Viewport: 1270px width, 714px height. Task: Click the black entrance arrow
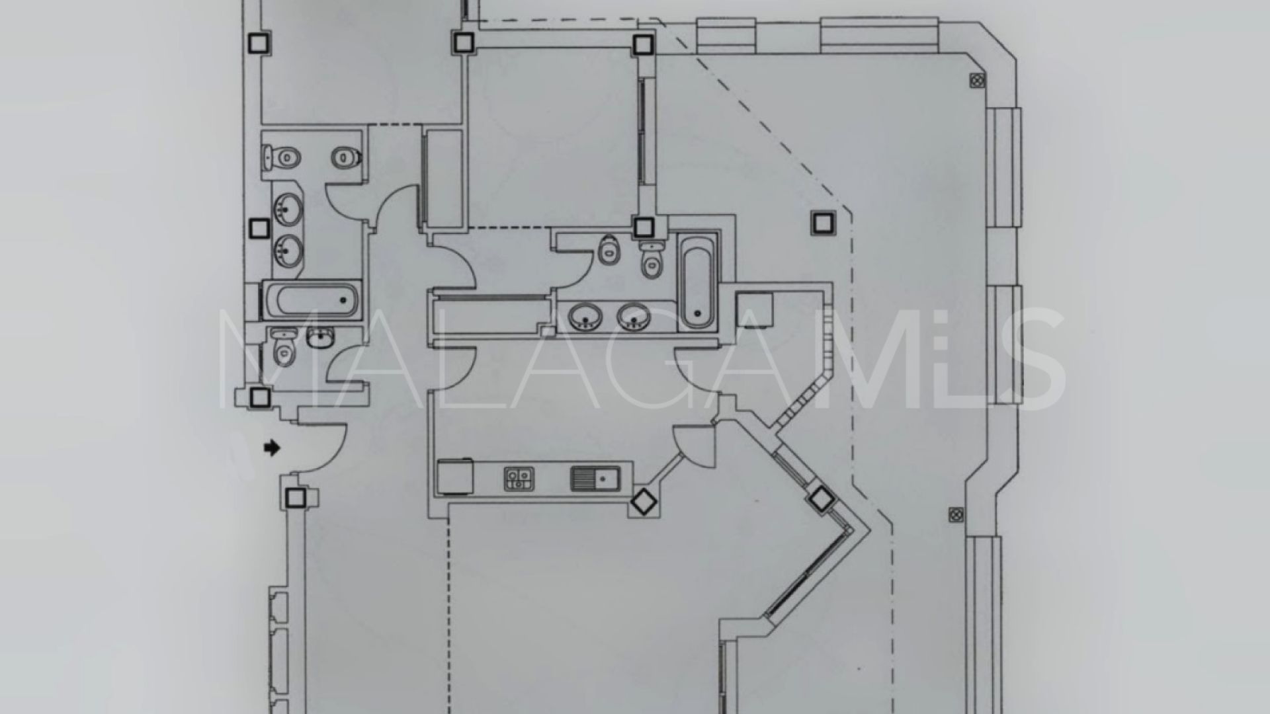coord(272,448)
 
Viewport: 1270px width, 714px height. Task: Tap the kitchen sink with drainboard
coord(595,479)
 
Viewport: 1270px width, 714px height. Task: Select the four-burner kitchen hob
coord(519,479)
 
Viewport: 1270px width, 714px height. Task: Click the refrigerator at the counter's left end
coord(454,477)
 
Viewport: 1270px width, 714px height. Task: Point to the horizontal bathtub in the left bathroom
coord(311,301)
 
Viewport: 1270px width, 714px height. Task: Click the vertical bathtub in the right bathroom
coord(697,281)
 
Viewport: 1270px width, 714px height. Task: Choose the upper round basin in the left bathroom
coord(289,211)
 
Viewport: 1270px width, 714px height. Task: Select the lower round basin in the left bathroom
coord(289,251)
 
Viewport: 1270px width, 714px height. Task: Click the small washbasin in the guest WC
coord(319,338)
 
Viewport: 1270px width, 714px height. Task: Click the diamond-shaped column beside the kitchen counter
coord(644,502)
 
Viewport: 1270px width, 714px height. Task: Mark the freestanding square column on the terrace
coord(822,223)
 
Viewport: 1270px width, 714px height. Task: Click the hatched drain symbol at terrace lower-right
coord(956,514)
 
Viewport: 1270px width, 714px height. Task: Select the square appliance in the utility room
coord(755,308)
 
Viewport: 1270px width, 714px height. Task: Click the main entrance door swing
coord(321,448)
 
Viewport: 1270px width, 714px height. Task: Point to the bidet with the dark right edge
coord(347,157)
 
